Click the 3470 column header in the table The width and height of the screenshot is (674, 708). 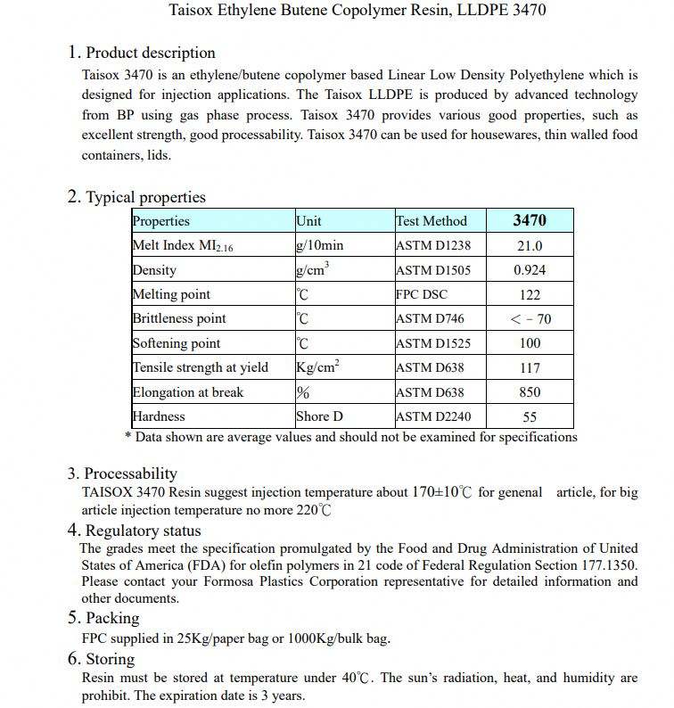(530, 220)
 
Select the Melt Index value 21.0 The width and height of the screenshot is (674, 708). (530, 246)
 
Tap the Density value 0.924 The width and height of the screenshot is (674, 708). (530, 270)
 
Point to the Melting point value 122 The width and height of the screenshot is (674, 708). (530, 295)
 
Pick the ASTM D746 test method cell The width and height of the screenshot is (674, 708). (430, 319)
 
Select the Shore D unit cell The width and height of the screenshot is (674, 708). (319, 416)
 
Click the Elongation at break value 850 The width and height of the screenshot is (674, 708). (530, 392)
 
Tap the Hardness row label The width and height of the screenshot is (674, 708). (159, 416)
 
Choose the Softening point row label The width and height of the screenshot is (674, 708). (177, 343)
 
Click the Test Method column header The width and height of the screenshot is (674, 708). (432, 221)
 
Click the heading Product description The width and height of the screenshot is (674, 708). (150, 53)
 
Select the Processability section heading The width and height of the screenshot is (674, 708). (130, 473)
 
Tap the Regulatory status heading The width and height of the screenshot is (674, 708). (143, 531)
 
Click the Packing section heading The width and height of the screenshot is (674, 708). (111, 618)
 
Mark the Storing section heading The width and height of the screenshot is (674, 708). (110, 660)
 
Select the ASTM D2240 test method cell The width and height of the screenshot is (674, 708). (433, 416)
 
